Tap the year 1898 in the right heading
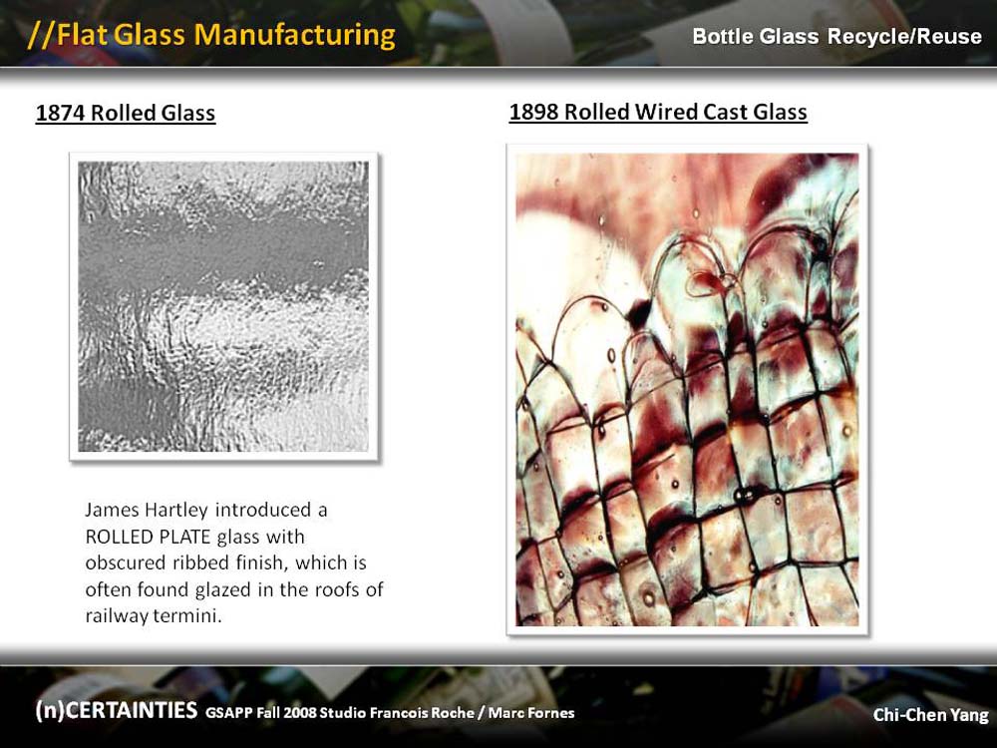534,112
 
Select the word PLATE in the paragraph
185,537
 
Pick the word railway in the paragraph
117,616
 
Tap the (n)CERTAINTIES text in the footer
117,710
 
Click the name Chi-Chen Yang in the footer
930,715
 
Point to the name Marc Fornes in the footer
531,713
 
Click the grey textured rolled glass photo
223,306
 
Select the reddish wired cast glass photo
687,389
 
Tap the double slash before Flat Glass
41,36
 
